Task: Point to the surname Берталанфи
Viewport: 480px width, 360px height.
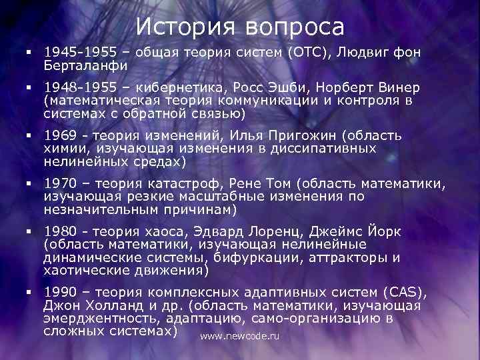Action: [85, 66]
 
